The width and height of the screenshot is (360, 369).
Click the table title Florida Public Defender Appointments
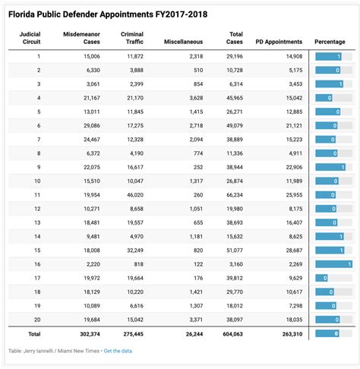107,14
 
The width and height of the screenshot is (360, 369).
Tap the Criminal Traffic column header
132,39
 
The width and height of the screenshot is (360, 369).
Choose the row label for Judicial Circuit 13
38,222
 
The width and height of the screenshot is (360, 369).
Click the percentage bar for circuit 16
333,263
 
